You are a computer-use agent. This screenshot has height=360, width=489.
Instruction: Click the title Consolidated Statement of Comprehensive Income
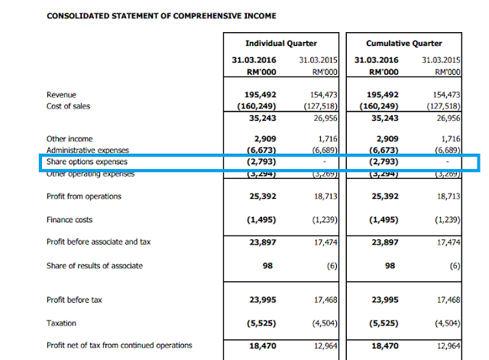pos(162,15)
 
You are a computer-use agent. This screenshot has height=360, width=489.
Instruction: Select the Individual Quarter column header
pos(280,44)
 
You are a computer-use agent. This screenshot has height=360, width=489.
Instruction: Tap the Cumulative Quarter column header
pos(405,44)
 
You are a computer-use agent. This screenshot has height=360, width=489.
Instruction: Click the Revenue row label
pos(62,95)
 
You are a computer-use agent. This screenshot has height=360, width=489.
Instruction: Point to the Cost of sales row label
pos(70,106)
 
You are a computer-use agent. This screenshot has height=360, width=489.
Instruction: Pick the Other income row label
pos(70,139)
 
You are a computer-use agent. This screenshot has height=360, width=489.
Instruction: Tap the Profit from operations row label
pos(83,196)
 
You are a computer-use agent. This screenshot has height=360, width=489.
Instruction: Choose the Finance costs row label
pos(71,219)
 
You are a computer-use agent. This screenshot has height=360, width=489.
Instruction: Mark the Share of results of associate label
pos(94,265)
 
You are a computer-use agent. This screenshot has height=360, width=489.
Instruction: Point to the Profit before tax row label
pos(74,300)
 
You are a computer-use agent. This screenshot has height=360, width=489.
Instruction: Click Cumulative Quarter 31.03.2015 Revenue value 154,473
pos(442,95)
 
